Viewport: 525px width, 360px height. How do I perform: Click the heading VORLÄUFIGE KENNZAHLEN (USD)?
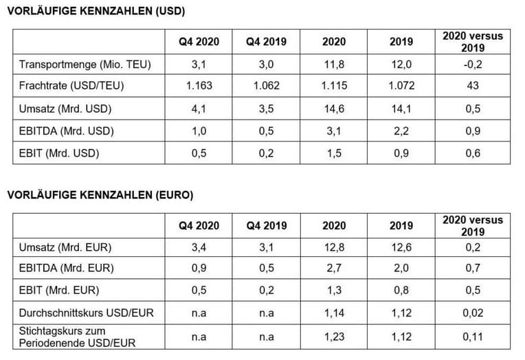click(96, 12)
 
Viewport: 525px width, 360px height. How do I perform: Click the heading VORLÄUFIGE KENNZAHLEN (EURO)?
click(100, 195)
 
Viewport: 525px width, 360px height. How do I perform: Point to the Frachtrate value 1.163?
click(199, 87)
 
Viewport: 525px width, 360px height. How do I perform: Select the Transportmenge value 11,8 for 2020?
click(334, 65)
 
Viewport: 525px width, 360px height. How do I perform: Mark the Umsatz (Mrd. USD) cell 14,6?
click(334, 109)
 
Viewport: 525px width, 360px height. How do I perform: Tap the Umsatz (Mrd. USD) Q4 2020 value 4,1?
click(199, 109)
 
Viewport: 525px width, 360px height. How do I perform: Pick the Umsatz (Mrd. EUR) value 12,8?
click(334, 247)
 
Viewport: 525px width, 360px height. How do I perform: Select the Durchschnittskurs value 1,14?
click(334, 313)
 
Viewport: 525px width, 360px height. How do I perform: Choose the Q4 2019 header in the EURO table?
click(267, 225)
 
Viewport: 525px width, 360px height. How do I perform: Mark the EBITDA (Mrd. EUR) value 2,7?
click(334, 269)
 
